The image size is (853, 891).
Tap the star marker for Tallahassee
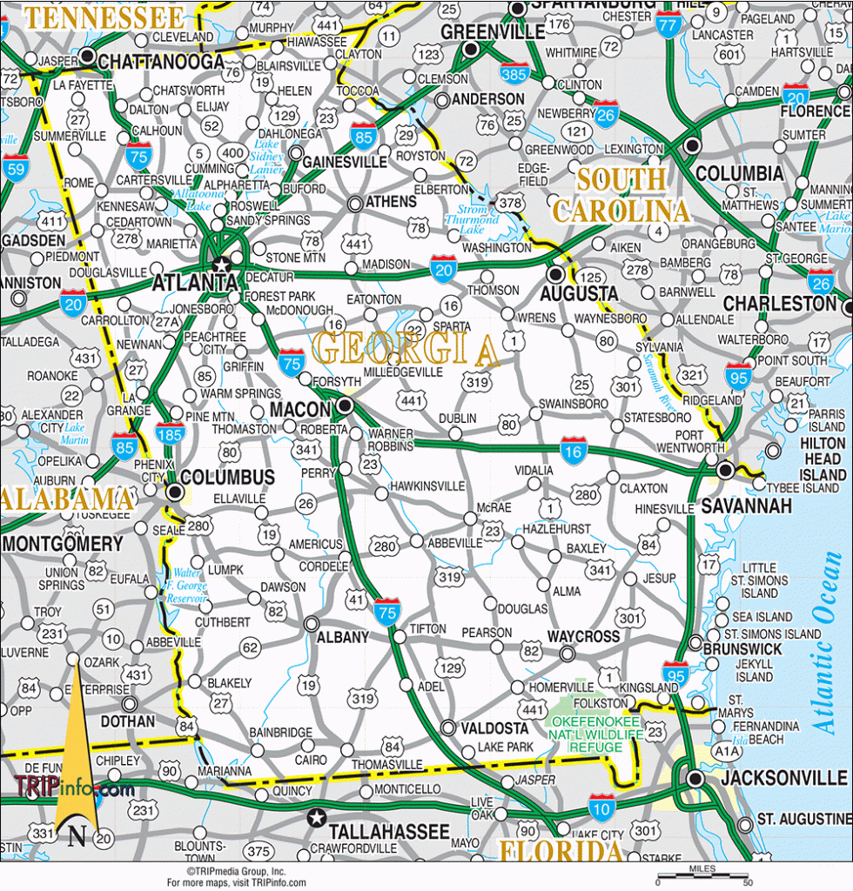pos(317,817)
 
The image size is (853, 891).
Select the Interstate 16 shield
pos(574,450)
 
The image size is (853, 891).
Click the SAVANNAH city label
pos(747,506)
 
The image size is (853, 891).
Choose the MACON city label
pos(300,409)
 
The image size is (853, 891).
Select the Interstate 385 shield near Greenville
pos(514,74)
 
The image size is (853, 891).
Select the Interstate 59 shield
pos(15,168)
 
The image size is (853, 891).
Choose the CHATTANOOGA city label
pos(160,62)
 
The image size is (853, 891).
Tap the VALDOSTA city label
pos(494,727)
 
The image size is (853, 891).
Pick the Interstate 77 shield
pos(669,24)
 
